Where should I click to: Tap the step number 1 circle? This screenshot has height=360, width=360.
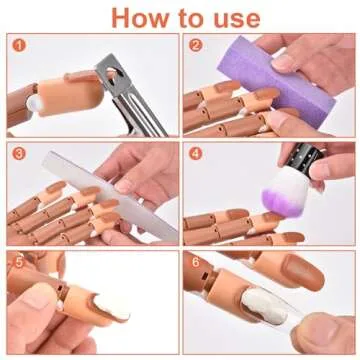17,45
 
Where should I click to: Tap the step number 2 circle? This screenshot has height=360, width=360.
196,45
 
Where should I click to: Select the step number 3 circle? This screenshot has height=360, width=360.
17,154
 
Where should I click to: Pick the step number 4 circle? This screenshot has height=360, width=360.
196,154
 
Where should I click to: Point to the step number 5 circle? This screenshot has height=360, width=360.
17,262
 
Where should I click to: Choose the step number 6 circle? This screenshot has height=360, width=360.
196,262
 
